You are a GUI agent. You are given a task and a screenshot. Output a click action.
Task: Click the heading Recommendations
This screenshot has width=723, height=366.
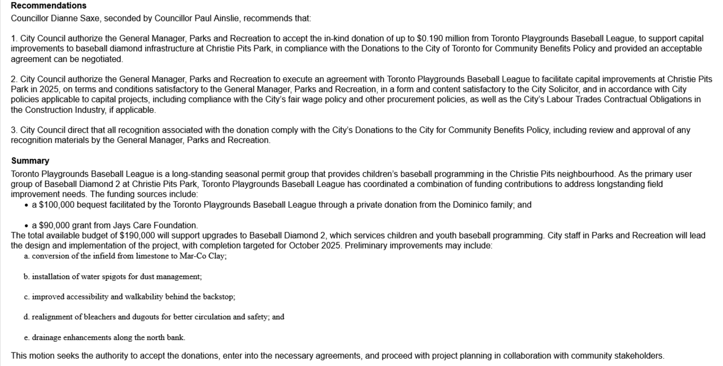click(49, 6)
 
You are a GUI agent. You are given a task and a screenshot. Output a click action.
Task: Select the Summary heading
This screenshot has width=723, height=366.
click(30, 161)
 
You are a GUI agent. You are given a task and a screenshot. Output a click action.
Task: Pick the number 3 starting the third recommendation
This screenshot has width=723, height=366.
click(14, 130)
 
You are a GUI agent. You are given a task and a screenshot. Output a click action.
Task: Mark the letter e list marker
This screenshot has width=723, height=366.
click(26, 338)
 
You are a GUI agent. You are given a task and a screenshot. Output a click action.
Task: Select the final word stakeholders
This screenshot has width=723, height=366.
click(641, 356)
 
